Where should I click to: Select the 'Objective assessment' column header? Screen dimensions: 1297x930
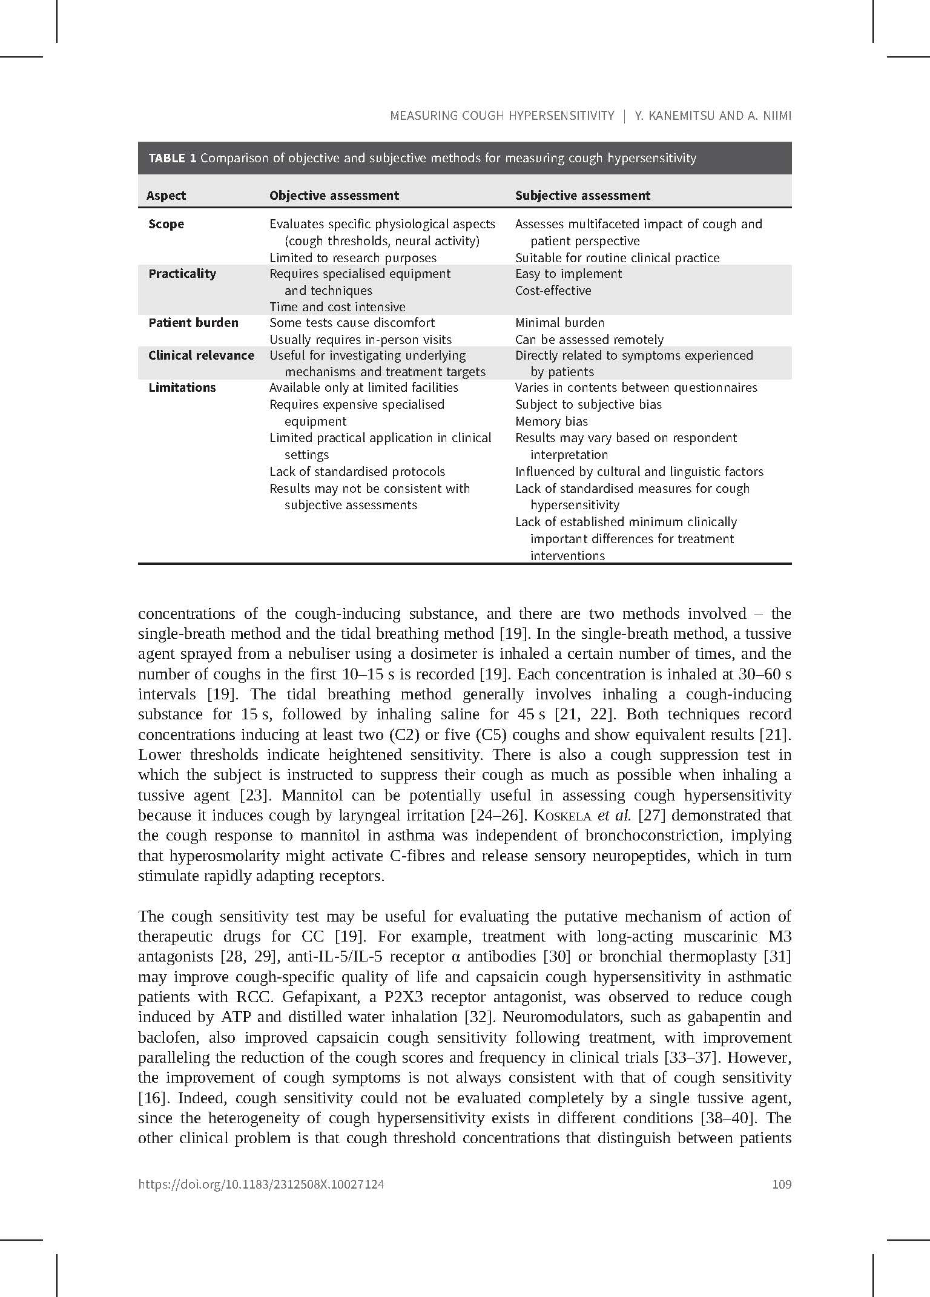[x=334, y=196]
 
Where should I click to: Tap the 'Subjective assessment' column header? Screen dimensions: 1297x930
[x=582, y=196]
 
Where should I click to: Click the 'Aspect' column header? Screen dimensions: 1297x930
[x=166, y=196]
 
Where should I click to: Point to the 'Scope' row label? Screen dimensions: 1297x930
[x=166, y=224]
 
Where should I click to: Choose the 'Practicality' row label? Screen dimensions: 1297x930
[x=182, y=274]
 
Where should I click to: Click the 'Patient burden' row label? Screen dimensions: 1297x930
[x=193, y=323]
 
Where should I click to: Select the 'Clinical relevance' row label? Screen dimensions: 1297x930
[x=201, y=355]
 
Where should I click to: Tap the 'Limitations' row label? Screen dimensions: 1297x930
[x=182, y=388]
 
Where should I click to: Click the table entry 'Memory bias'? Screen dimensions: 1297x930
[x=551, y=421]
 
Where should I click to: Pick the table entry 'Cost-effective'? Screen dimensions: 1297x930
[x=553, y=291]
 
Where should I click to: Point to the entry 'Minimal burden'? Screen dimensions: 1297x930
[x=559, y=323]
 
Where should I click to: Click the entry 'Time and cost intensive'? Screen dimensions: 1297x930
[x=337, y=307]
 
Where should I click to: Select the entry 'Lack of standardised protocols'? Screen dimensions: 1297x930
[x=357, y=472]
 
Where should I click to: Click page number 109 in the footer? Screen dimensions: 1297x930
[x=782, y=1184]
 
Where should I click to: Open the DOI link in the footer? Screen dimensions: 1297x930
[x=261, y=1184]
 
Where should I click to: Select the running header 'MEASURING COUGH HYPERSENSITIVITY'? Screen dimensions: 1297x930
[x=502, y=116]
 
